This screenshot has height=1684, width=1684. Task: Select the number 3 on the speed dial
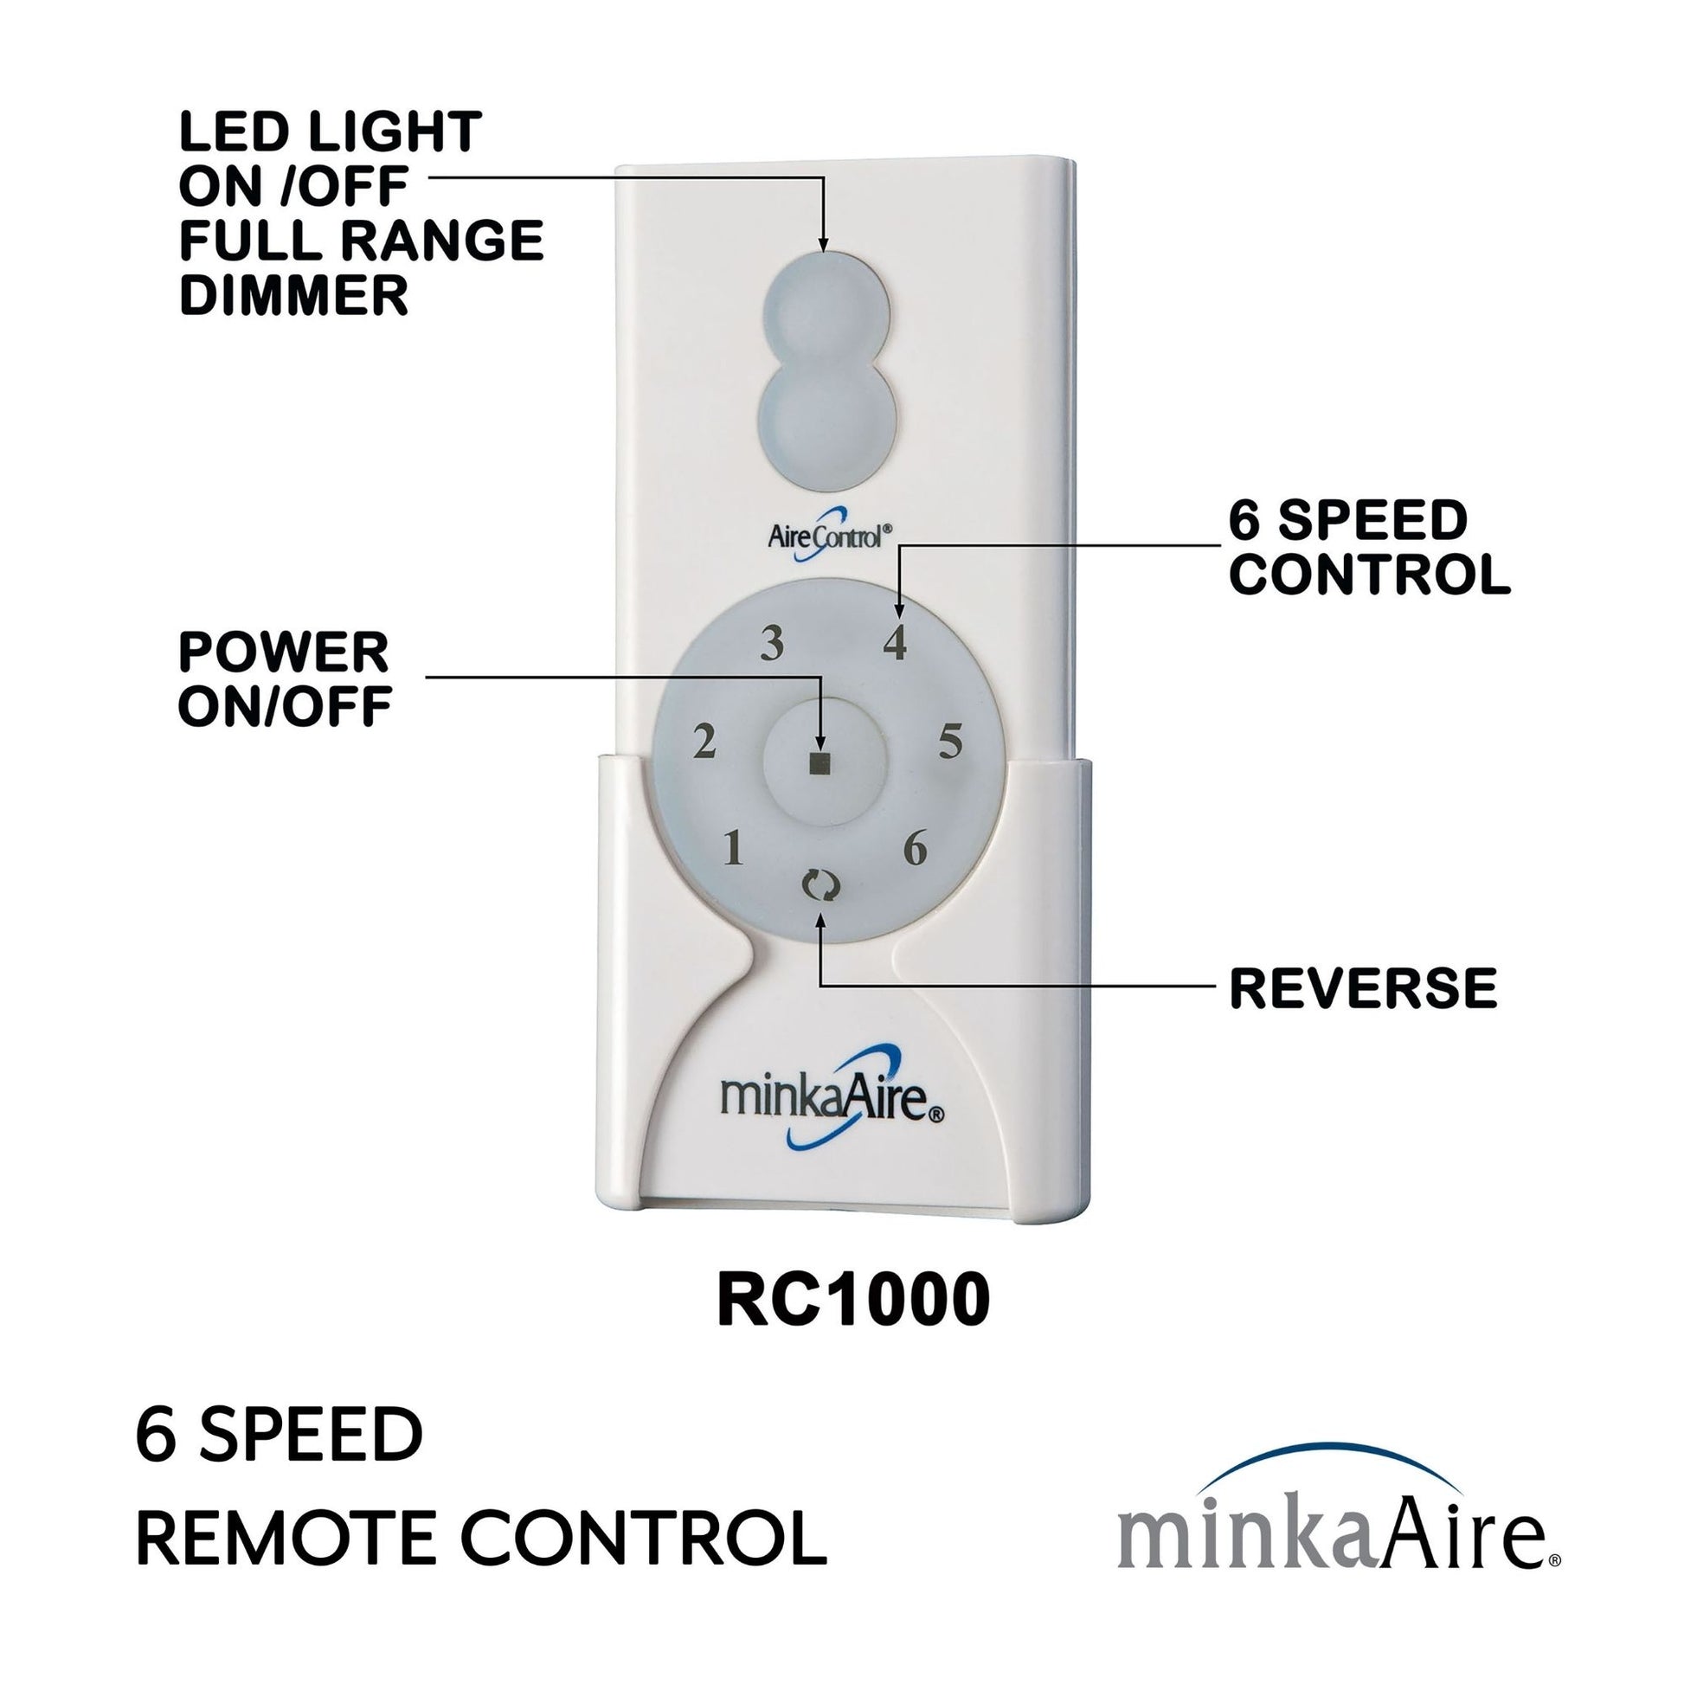[771, 645]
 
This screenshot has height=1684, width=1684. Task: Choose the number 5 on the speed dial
[950, 742]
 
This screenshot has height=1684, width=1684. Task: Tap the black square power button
[820, 763]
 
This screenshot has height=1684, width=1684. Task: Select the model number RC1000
[853, 1324]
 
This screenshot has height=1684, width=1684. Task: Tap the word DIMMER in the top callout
[293, 295]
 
